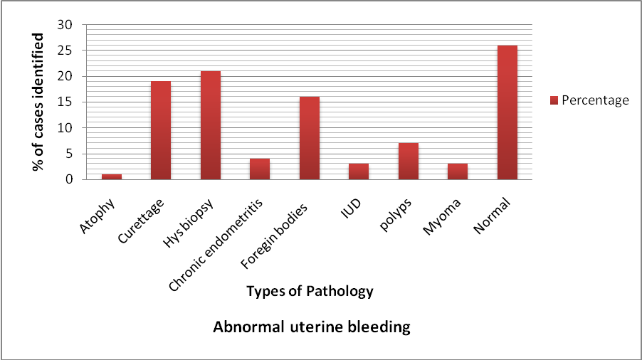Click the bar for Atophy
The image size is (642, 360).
pos(112,176)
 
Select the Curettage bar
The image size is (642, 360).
pos(161,130)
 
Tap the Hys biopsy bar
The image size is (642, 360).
pos(211,125)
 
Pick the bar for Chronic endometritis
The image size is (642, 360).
pos(260,169)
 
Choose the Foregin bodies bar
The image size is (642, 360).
pos(310,138)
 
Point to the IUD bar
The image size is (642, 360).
pos(359,172)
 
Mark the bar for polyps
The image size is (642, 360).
pos(409,162)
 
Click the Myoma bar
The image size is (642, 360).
pos(458,172)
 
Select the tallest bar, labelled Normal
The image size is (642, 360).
pos(507,112)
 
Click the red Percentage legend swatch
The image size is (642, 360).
pos(554,100)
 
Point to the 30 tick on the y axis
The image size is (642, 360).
pos(65,25)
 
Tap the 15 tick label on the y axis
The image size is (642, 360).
pos(65,102)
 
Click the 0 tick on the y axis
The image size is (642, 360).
pos(69,179)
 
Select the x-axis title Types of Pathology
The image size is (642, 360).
pos(310,291)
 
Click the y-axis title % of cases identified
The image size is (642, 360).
pos(38,102)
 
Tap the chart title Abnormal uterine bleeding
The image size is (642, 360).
pos(312,327)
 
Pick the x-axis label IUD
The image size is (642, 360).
pos(351,208)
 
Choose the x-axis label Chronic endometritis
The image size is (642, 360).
pos(216,245)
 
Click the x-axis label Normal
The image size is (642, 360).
pos(492,216)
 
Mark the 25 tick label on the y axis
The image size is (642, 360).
pos(65,51)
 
